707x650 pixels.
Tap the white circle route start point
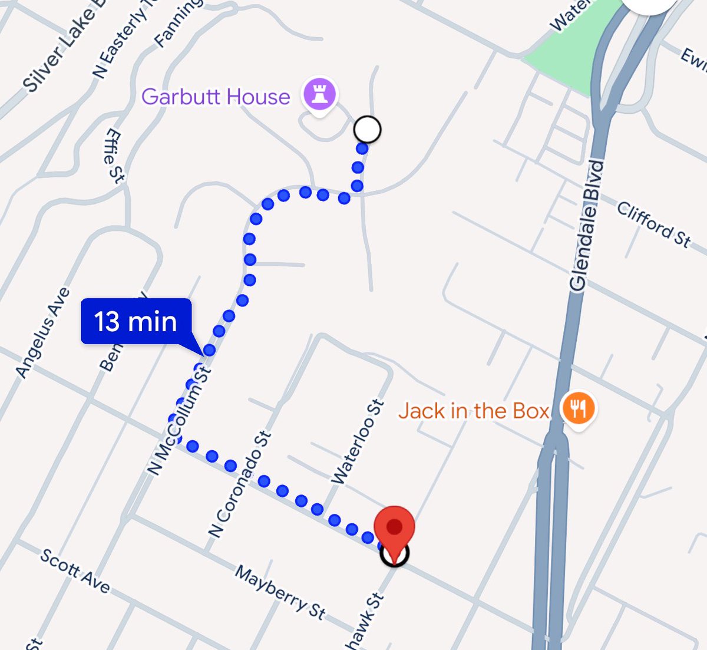(368, 129)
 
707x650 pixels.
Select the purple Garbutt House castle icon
(319, 94)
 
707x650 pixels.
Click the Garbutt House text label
(216, 97)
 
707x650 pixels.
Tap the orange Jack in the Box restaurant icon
(578, 408)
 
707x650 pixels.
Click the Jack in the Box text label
(474, 411)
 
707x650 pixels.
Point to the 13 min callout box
(136, 321)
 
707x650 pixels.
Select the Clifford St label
(653, 224)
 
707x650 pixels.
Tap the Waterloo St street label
(358, 443)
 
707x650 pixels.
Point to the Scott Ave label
(75, 570)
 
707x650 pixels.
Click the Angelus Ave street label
(42, 333)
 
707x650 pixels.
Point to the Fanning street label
(177, 24)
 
